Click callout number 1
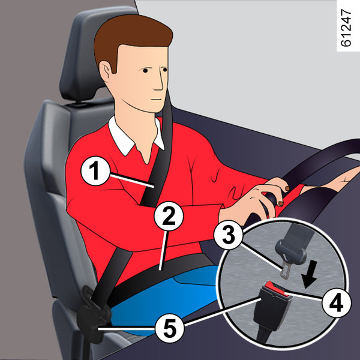coord(95,171)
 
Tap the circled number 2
coord(169,216)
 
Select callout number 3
coord(228,235)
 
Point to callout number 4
coord(337,303)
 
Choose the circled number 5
coord(170,329)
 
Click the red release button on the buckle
coord(276,289)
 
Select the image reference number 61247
coord(346,28)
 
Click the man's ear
coord(106,71)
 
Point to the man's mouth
coord(157,100)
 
